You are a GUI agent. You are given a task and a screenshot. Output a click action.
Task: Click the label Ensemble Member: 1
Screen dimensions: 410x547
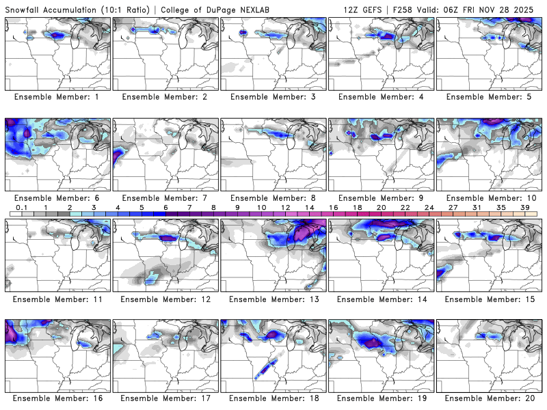pyautogui.click(x=57, y=97)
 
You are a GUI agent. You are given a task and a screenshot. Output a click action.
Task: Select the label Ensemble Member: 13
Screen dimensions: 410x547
pyautogui.click(x=272, y=299)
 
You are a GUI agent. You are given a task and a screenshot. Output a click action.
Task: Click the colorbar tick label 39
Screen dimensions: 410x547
pyautogui.click(x=524, y=206)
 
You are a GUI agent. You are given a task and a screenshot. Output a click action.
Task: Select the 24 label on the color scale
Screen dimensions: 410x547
pyautogui.click(x=429, y=206)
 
